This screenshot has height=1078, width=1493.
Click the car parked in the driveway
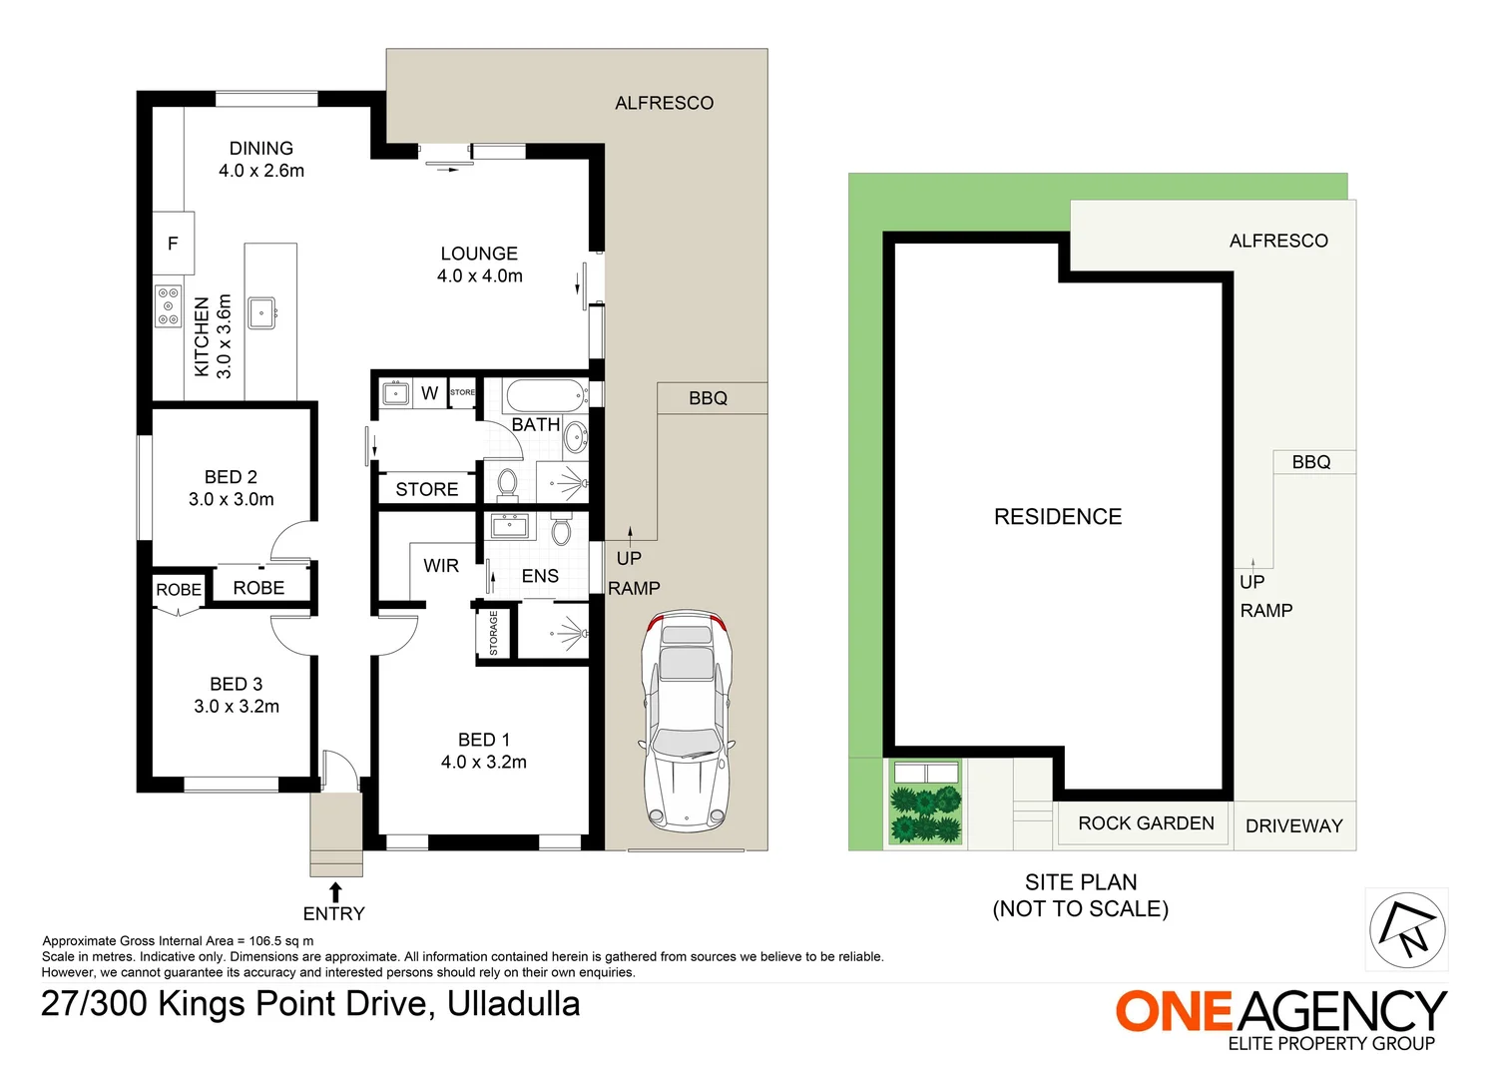(686, 721)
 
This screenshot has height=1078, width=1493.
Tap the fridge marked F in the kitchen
(173, 243)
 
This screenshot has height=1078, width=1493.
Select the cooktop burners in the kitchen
(168, 305)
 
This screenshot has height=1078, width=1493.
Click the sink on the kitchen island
(261, 312)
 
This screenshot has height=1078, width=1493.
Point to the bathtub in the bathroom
(545, 395)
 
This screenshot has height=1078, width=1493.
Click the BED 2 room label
(231, 477)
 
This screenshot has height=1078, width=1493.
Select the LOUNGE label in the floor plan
(479, 254)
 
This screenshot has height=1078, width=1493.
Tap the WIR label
(440, 566)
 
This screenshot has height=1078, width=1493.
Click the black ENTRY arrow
(335, 891)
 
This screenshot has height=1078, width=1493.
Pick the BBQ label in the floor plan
(708, 398)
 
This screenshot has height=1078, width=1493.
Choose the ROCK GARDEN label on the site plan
(1146, 823)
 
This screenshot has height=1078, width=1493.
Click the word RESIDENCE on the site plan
(1058, 517)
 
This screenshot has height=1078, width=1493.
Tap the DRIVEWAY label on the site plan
(1293, 825)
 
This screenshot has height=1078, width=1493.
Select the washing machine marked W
(429, 393)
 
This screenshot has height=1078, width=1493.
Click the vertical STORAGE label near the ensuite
(493, 634)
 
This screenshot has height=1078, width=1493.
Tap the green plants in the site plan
(925, 813)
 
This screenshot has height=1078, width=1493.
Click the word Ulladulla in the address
(513, 1003)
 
